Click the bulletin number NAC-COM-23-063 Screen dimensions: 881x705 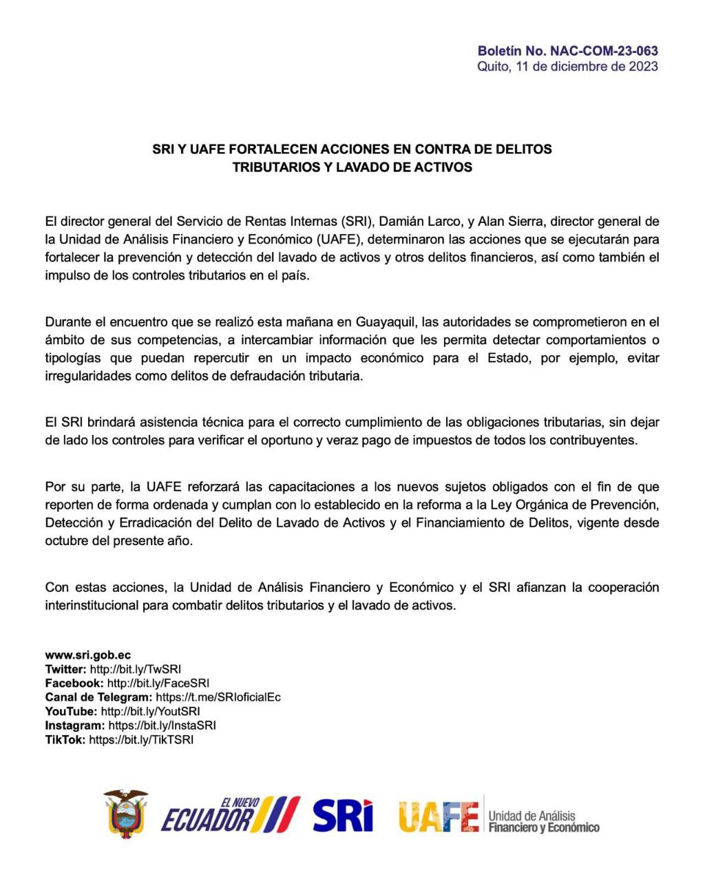tap(604, 51)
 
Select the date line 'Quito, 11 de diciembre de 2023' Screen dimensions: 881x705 tap(567, 67)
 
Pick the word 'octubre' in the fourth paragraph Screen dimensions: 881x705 tap(67, 541)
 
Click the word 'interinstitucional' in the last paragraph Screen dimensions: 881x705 tap(92, 606)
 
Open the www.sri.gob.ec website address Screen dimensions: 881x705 tap(88, 655)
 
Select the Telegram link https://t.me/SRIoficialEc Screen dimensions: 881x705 tap(218, 697)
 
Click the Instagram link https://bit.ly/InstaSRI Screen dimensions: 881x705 tap(162, 725)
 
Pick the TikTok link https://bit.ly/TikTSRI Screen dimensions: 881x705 tap(141, 740)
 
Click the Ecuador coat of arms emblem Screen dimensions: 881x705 tap(126, 814)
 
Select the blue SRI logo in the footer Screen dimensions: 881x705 tap(342, 816)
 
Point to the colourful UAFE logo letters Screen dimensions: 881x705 tap(438, 817)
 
